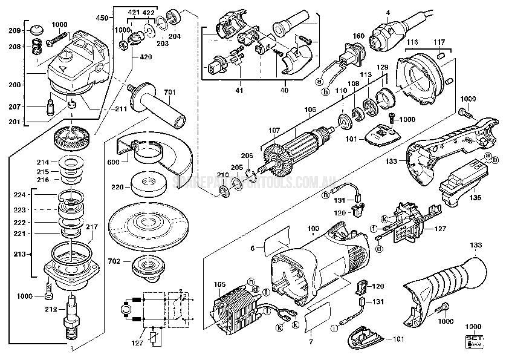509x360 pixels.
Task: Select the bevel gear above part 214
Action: tap(71, 141)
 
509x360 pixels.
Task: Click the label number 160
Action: tap(358, 36)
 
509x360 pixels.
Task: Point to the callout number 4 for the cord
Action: tap(387, 12)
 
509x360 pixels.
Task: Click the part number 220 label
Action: tap(118, 188)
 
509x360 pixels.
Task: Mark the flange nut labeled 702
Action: tap(148, 267)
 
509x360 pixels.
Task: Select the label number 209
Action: tap(14, 31)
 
